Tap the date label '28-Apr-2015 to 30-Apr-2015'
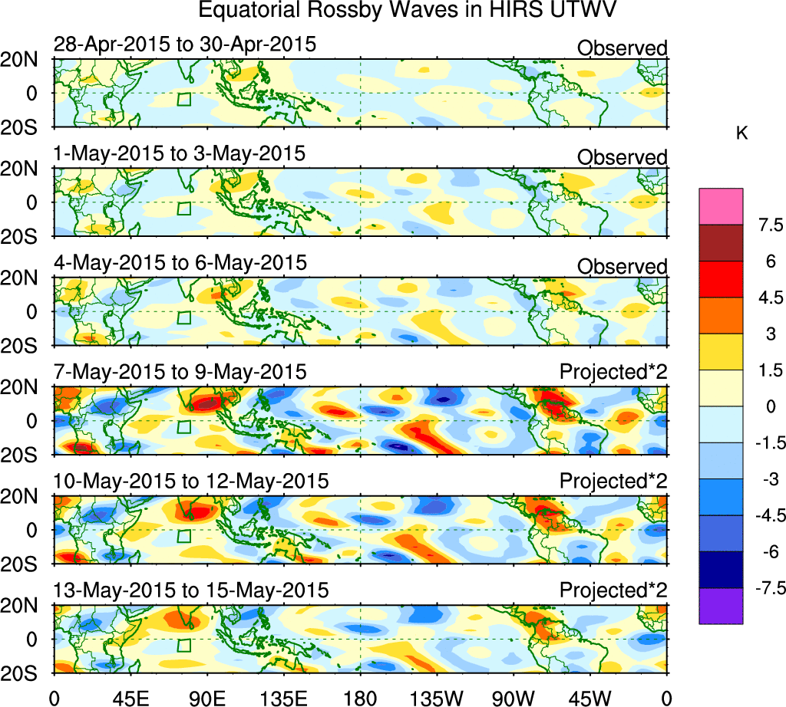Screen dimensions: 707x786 coord(185,44)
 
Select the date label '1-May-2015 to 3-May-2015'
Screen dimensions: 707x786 coord(180,153)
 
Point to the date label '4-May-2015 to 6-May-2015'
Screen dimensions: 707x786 coord(180,262)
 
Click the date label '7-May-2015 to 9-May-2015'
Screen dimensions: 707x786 coord(180,372)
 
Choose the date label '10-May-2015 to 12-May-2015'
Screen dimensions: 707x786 coord(191,481)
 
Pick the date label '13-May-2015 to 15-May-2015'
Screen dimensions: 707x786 coord(191,590)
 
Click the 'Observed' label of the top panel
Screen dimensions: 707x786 coord(622,48)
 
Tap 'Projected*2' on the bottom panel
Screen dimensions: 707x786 coord(613,590)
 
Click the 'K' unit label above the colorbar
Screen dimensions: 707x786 coord(741,133)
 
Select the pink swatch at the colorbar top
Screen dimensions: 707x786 coord(721,206)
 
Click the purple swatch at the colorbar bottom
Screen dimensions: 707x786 coord(721,606)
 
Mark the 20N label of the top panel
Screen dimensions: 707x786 coord(27,60)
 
